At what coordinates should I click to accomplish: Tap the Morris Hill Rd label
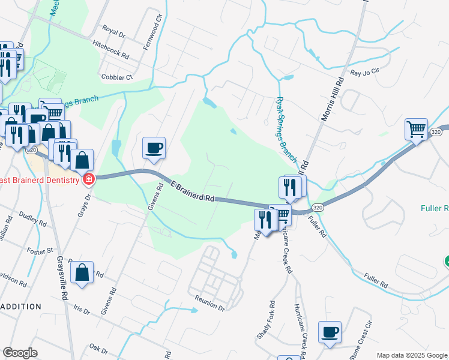tap(331, 99)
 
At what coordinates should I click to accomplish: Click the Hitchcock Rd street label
tap(111, 49)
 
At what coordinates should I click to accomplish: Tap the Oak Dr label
tap(97, 347)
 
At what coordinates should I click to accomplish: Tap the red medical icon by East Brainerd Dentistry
tap(89, 179)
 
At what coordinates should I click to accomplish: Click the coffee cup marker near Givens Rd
tap(154, 147)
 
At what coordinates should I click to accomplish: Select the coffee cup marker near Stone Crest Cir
tap(330, 332)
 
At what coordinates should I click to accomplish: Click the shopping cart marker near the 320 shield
tap(416, 128)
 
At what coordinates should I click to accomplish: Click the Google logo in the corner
tap(20, 353)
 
